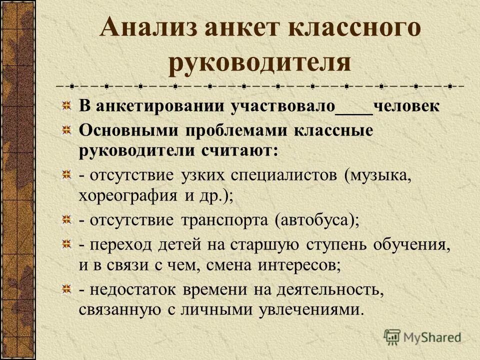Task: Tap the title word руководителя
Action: [259, 62]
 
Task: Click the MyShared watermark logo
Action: [422, 336]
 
